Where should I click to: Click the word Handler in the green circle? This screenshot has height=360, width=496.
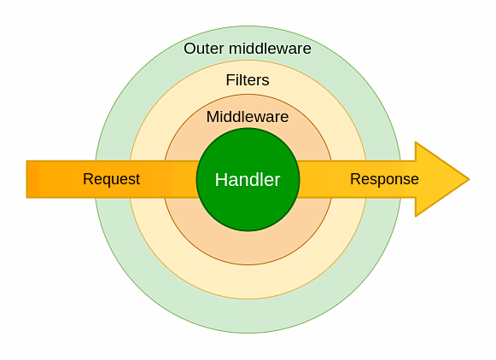click(x=248, y=180)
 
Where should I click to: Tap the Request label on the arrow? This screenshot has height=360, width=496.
click(x=111, y=179)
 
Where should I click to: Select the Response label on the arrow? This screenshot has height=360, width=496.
click(x=384, y=179)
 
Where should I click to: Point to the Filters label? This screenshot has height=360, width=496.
click(x=248, y=80)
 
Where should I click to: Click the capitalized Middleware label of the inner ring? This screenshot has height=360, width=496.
click(x=248, y=117)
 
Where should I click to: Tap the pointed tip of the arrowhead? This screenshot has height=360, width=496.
click(x=468, y=179)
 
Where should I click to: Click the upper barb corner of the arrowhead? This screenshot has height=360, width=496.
click(x=417, y=143)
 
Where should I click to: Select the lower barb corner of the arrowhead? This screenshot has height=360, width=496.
click(x=417, y=215)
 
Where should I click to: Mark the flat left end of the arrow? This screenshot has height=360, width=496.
click(x=28, y=179)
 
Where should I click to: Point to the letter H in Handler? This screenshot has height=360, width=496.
click(x=220, y=180)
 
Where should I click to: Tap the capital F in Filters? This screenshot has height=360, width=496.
click(x=230, y=80)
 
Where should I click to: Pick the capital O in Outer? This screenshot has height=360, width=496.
click(x=190, y=49)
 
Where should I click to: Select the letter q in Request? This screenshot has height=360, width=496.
click(x=108, y=181)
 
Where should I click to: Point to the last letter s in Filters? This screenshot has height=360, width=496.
click(x=266, y=81)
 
